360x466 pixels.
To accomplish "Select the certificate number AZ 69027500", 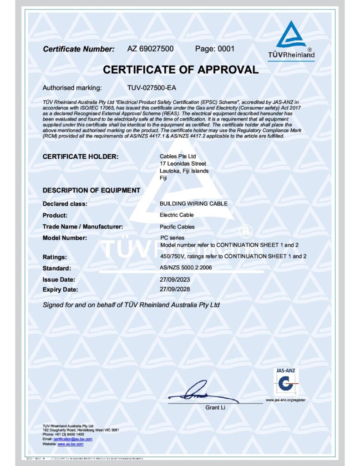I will [150, 49].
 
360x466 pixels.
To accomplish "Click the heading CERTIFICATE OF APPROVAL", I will [180, 70].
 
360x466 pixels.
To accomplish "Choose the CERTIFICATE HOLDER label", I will [81, 157].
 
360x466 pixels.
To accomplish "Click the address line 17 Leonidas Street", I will [183, 163].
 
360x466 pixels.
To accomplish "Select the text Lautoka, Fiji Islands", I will [184, 171].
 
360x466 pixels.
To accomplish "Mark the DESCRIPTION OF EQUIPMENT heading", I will [91, 190].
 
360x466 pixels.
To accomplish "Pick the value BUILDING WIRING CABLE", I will [193, 203].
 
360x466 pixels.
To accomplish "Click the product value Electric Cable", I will [177, 215].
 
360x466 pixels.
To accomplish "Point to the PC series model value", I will [172, 238].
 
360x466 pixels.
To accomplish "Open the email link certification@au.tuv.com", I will [73, 439].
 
